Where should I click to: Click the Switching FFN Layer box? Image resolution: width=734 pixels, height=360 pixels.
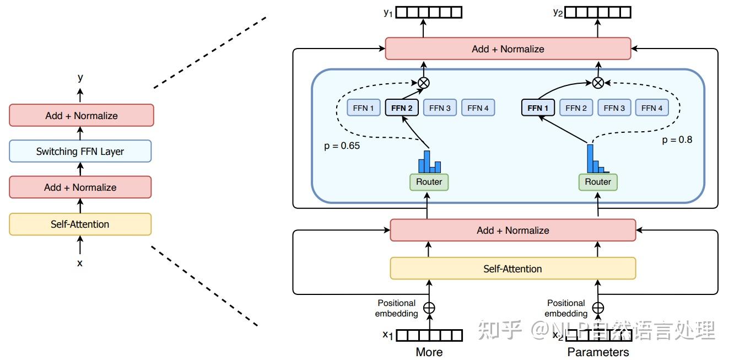(80, 151)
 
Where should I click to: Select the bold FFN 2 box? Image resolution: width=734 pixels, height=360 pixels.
(402, 108)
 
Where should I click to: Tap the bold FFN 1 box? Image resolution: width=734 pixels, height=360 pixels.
(538, 108)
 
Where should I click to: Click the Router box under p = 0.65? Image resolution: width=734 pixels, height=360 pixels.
(429, 182)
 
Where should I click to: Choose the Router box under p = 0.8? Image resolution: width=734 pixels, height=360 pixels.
(598, 182)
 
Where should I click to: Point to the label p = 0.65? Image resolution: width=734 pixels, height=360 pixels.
(342, 146)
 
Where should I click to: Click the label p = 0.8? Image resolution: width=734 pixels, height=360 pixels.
(677, 139)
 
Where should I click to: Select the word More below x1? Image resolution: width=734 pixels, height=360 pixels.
(429, 352)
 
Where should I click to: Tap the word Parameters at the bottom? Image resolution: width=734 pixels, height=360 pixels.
(598, 352)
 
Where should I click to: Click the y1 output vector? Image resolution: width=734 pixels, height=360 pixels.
(429, 13)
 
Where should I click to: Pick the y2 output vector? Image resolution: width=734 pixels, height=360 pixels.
(598, 13)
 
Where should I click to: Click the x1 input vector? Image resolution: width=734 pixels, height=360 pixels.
(429, 335)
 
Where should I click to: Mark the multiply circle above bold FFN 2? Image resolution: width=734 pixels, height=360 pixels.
(424, 83)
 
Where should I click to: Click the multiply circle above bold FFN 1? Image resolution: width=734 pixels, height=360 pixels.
(598, 83)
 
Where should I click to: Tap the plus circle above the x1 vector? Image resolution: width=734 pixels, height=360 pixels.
(429, 308)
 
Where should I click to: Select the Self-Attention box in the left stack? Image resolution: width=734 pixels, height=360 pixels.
(80, 224)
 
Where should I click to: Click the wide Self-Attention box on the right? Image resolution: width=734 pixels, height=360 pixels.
(513, 268)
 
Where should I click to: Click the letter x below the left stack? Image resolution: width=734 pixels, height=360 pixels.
(79, 263)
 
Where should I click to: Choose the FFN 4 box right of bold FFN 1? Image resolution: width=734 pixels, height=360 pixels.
(652, 108)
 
